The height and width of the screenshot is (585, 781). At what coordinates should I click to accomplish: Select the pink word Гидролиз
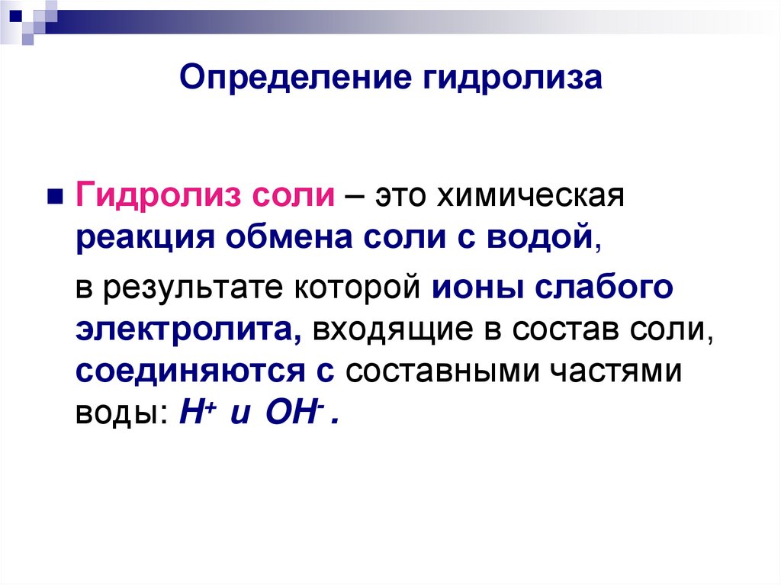pyautogui.click(x=156, y=197)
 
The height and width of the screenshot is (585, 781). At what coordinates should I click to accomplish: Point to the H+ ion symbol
pyautogui.click(x=191, y=412)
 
